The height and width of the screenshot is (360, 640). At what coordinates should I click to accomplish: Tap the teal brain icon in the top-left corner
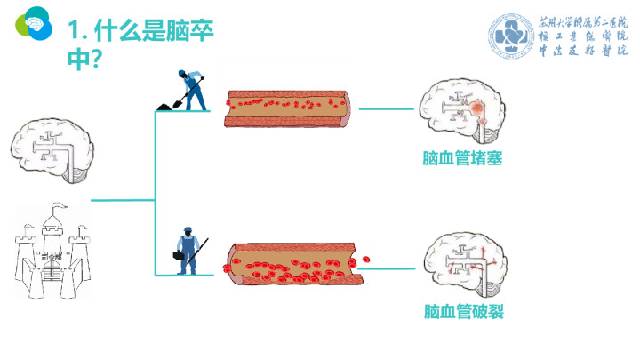tap(35, 24)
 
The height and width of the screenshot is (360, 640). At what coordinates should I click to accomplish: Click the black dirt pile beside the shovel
tap(165, 107)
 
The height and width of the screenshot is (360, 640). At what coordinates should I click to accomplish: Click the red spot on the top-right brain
tap(479, 108)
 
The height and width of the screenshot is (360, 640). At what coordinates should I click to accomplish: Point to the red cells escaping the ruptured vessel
tap(364, 259)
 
